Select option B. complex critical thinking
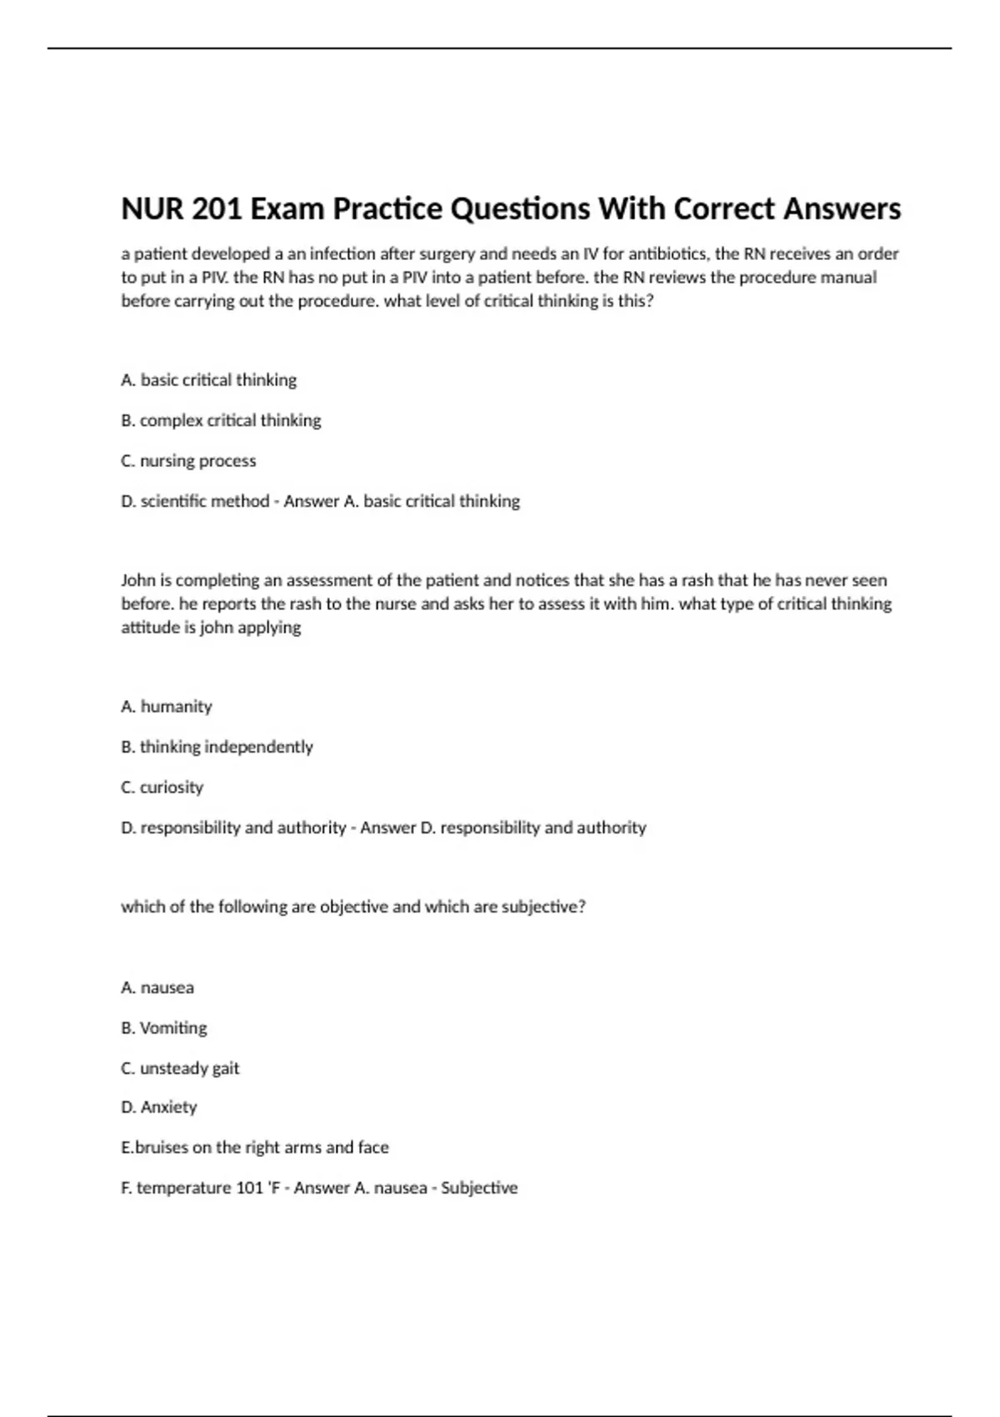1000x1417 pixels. (x=221, y=420)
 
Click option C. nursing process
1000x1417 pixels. (x=188, y=461)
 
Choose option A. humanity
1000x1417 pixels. (x=167, y=707)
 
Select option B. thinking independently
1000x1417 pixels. (x=217, y=747)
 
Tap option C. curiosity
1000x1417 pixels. (x=162, y=788)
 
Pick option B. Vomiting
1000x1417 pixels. (x=164, y=1028)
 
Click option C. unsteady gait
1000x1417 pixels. (x=180, y=1069)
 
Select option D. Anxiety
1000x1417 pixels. (x=159, y=1108)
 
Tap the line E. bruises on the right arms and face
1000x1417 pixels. (x=255, y=1148)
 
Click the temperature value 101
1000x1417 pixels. (x=249, y=1188)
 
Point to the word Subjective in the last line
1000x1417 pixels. (x=479, y=1188)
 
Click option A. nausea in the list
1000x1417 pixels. (x=157, y=988)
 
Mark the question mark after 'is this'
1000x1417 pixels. (x=650, y=301)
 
